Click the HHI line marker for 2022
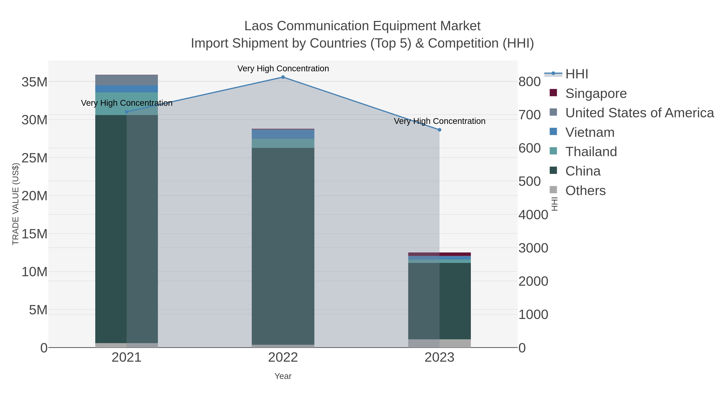click(283, 77)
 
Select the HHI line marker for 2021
click(126, 112)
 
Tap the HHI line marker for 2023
click(439, 130)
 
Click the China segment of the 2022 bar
click(283, 245)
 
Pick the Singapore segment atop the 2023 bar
click(439, 254)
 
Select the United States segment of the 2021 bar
click(126, 80)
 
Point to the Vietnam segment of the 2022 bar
click(283, 134)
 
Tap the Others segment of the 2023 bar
click(439, 343)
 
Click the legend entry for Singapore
click(596, 93)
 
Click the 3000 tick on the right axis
click(533, 248)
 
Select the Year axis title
click(283, 376)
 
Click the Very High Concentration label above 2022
click(283, 69)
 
